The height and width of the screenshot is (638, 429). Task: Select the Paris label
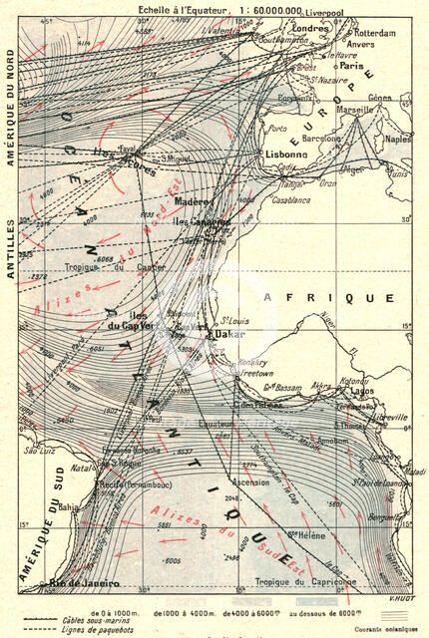[349, 65]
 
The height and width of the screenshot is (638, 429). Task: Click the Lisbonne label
[288, 155]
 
